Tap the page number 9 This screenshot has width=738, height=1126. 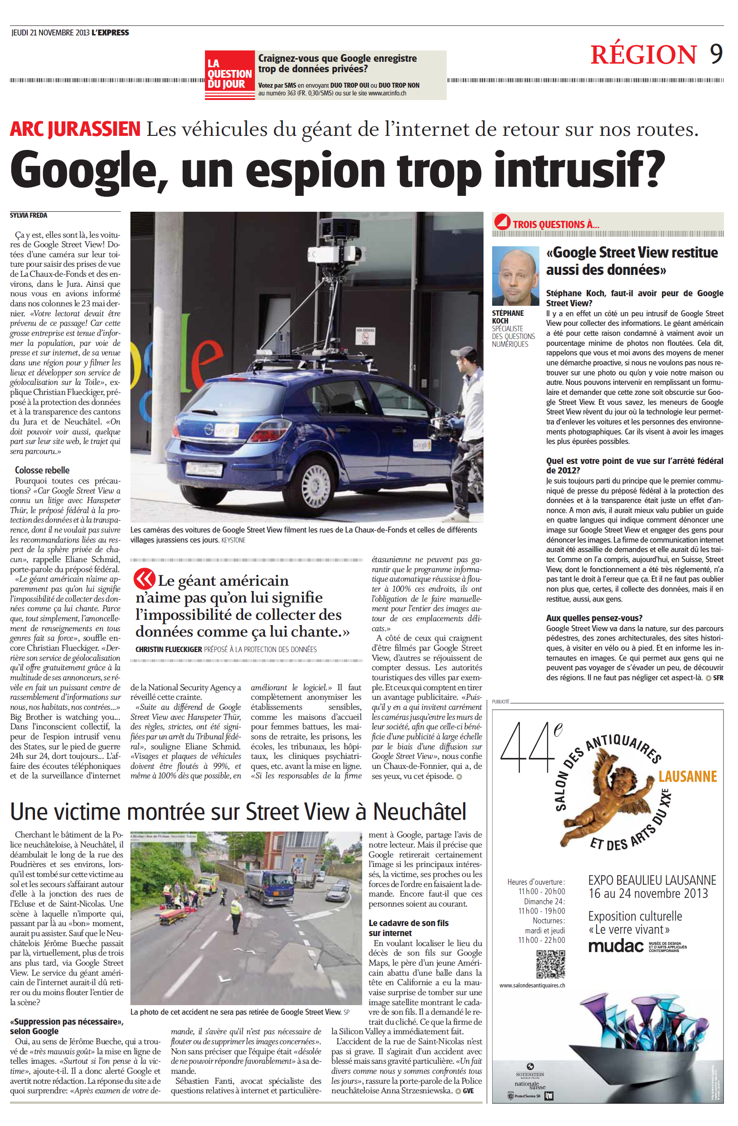[716, 54]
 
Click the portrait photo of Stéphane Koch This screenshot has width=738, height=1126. [515, 275]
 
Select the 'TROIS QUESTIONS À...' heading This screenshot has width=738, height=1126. [555, 224]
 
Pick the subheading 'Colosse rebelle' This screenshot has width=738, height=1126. [42, 470]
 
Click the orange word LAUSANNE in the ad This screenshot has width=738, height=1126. [688, 777]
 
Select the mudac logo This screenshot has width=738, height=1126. [615, 947]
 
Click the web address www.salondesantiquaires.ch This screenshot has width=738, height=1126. [532, 985]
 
